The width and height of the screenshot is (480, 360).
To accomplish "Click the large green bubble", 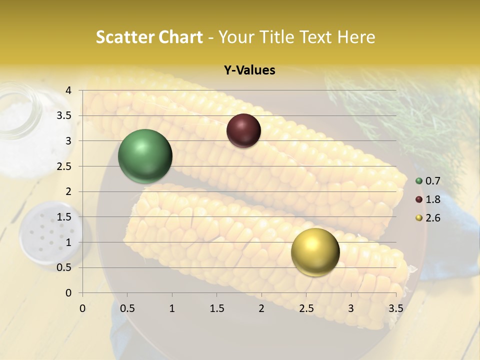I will tap(145, 156).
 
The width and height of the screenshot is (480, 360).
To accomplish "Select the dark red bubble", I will tap(243, 130).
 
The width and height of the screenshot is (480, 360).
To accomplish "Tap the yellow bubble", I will tap(315, 252).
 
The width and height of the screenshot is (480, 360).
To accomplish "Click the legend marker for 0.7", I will tap(419, 181).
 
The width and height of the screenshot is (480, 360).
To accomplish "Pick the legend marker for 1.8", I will tap(419, 199).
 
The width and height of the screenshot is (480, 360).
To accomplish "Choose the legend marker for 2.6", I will tap(419, 218).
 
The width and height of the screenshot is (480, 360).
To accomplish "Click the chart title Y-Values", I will tap(249, 70).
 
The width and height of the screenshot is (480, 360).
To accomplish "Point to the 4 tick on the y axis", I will tap(68, 90).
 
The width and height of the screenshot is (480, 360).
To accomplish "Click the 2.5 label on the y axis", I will tap(64, 166).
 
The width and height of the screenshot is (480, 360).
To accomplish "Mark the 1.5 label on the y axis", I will tap(64, 217).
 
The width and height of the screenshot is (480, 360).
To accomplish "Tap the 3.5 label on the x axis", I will tap(395, 308).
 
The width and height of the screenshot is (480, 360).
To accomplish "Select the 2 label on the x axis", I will tap(261, 308).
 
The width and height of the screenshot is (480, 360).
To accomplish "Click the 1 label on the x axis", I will tap(172, 308).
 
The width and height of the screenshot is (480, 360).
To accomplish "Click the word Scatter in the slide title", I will tap(124, 37).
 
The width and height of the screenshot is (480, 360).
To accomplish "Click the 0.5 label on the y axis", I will tap(64, 267).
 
